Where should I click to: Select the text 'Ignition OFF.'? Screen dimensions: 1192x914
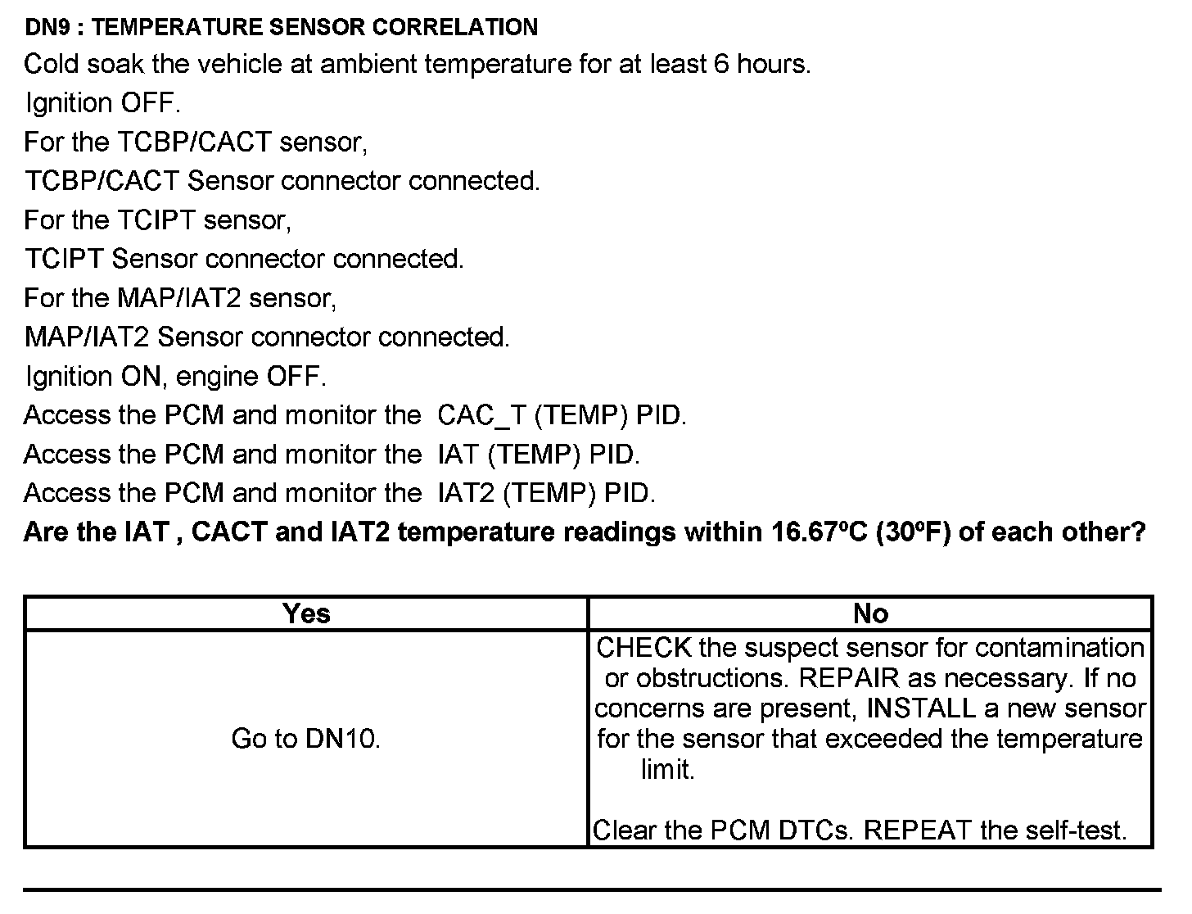pos(102,103)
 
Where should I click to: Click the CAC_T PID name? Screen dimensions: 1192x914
pos(482,415)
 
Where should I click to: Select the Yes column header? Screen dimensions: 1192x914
pos(306,613)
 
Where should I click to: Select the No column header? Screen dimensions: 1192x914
pos(870,613)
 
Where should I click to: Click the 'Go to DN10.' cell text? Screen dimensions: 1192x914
pos(306,739)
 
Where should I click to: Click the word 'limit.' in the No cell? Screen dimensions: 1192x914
pos(667,770)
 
